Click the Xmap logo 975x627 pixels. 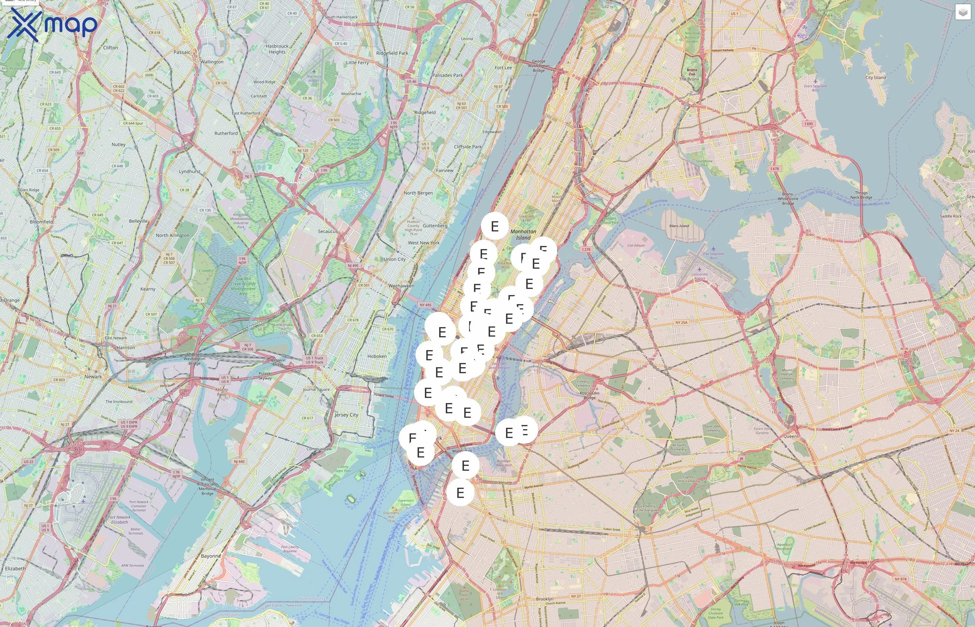pos(52,24)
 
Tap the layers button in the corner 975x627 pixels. pos(962,12)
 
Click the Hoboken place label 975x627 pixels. pos(377,356)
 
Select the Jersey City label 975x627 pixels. pos(346,415)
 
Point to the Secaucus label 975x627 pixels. pos(328,231)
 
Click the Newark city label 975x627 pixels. pos(93,377)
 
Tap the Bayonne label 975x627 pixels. pos(211,556)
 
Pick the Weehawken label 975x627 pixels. pos(401,286)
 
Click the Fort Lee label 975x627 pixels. pos(504,68)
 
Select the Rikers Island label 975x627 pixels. pos(679,226)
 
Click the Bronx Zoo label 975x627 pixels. pos(692,72)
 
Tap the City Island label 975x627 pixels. pos(876,77)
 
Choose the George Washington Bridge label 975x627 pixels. pos(539,65)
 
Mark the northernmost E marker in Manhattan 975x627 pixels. pos(494,226)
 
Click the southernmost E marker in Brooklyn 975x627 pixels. pos(460,493)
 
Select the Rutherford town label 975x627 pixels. pos(226,133)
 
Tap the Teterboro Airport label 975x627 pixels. pos(314,78)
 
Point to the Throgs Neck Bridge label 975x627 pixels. pos(861,195)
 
